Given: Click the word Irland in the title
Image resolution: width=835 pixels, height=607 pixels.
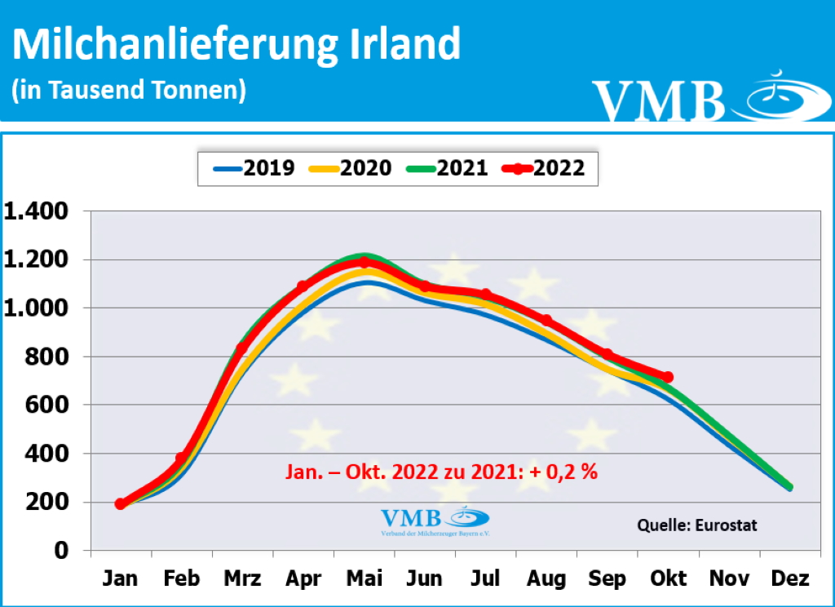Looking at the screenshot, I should [400, 45].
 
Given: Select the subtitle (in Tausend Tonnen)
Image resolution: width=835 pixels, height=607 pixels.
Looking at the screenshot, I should [129, 90].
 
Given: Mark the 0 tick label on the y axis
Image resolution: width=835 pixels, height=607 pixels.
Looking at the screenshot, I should [60, 550].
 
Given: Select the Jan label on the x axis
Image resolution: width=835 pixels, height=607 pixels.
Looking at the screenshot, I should [121, 578].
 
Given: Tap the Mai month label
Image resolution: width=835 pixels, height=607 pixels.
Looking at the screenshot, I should [364, 578].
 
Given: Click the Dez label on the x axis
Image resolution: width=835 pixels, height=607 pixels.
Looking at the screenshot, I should [790, 578].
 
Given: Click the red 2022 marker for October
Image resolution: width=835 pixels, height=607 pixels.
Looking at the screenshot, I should [668, 377].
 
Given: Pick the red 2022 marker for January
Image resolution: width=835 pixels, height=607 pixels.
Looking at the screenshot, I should [121, 503].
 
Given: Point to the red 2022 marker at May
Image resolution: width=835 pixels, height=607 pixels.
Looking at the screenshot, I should [364, 262].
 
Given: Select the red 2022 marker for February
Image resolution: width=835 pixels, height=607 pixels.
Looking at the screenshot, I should [181, 459].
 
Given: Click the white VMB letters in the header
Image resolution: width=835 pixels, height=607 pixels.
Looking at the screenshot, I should [659, 100].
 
